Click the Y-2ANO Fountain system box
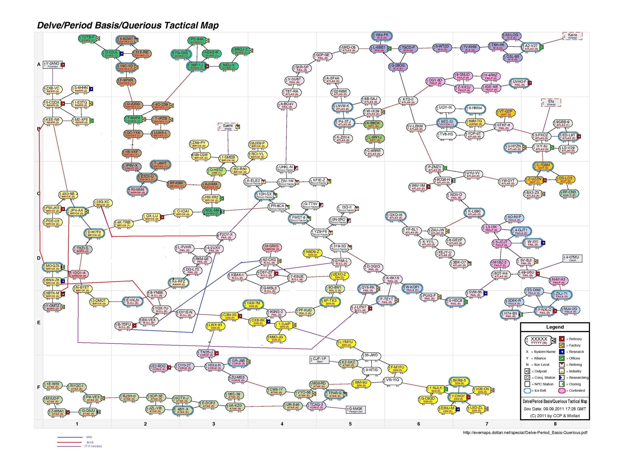(53, 65)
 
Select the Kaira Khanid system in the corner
(572, 36)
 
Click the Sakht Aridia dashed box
(228, 127)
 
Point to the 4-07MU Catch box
(572, 258)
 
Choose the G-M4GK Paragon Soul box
(356, 410)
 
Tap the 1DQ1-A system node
(79, 274)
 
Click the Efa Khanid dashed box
(551, 103)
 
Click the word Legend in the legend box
(555, 327)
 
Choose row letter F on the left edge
(39, 387)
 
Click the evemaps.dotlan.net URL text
(525, 432)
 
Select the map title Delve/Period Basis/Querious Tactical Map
(128, 25)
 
